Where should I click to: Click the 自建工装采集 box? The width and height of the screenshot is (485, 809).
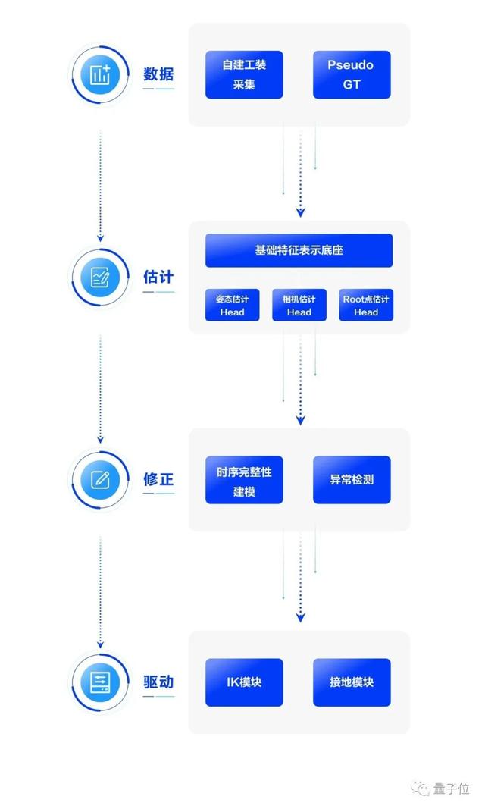(244, 74)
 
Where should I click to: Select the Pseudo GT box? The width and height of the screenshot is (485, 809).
(352, 74)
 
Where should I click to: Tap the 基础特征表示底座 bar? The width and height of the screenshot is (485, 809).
(299, 250)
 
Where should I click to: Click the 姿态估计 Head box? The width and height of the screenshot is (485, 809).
(232, 305)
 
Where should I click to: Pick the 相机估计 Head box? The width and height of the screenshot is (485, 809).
(299, 305)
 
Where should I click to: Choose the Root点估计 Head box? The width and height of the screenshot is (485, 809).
(365, 305)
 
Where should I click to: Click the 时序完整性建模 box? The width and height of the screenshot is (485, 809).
(244, 480)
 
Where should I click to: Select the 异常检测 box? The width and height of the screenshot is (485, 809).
(352, 480)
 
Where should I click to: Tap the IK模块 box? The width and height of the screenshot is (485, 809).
(244, 682)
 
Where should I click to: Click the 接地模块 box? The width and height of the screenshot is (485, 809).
(352, 682)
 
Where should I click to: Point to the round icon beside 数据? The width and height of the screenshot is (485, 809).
(100, 74)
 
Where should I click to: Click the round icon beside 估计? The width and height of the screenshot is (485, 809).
(100, 277)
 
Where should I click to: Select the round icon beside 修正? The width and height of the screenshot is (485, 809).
(100, 479)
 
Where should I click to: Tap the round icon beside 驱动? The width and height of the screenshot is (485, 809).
(100, 682)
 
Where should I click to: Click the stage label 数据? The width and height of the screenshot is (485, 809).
(158, 74)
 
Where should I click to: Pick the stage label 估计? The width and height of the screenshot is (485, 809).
(158, 276)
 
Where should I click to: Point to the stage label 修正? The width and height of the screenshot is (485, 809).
(158, 479)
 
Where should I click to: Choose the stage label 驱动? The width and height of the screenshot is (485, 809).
(158, 682)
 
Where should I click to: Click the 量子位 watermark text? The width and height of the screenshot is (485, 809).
(452, 789)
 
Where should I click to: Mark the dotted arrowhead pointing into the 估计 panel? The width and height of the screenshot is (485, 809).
(300, 212)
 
